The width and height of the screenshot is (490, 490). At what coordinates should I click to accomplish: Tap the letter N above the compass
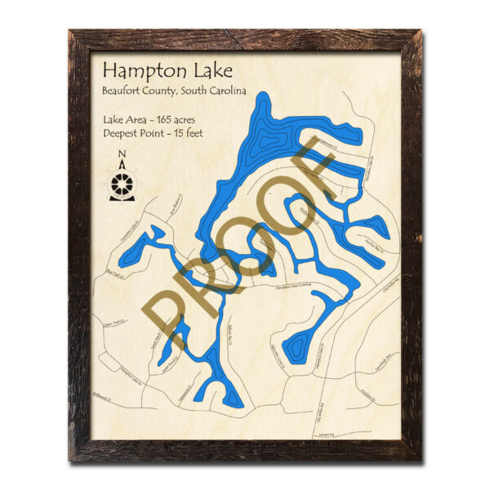122,154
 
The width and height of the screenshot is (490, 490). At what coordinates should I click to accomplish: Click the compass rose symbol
122,185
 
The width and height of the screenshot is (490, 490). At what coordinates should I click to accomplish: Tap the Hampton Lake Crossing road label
293,286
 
